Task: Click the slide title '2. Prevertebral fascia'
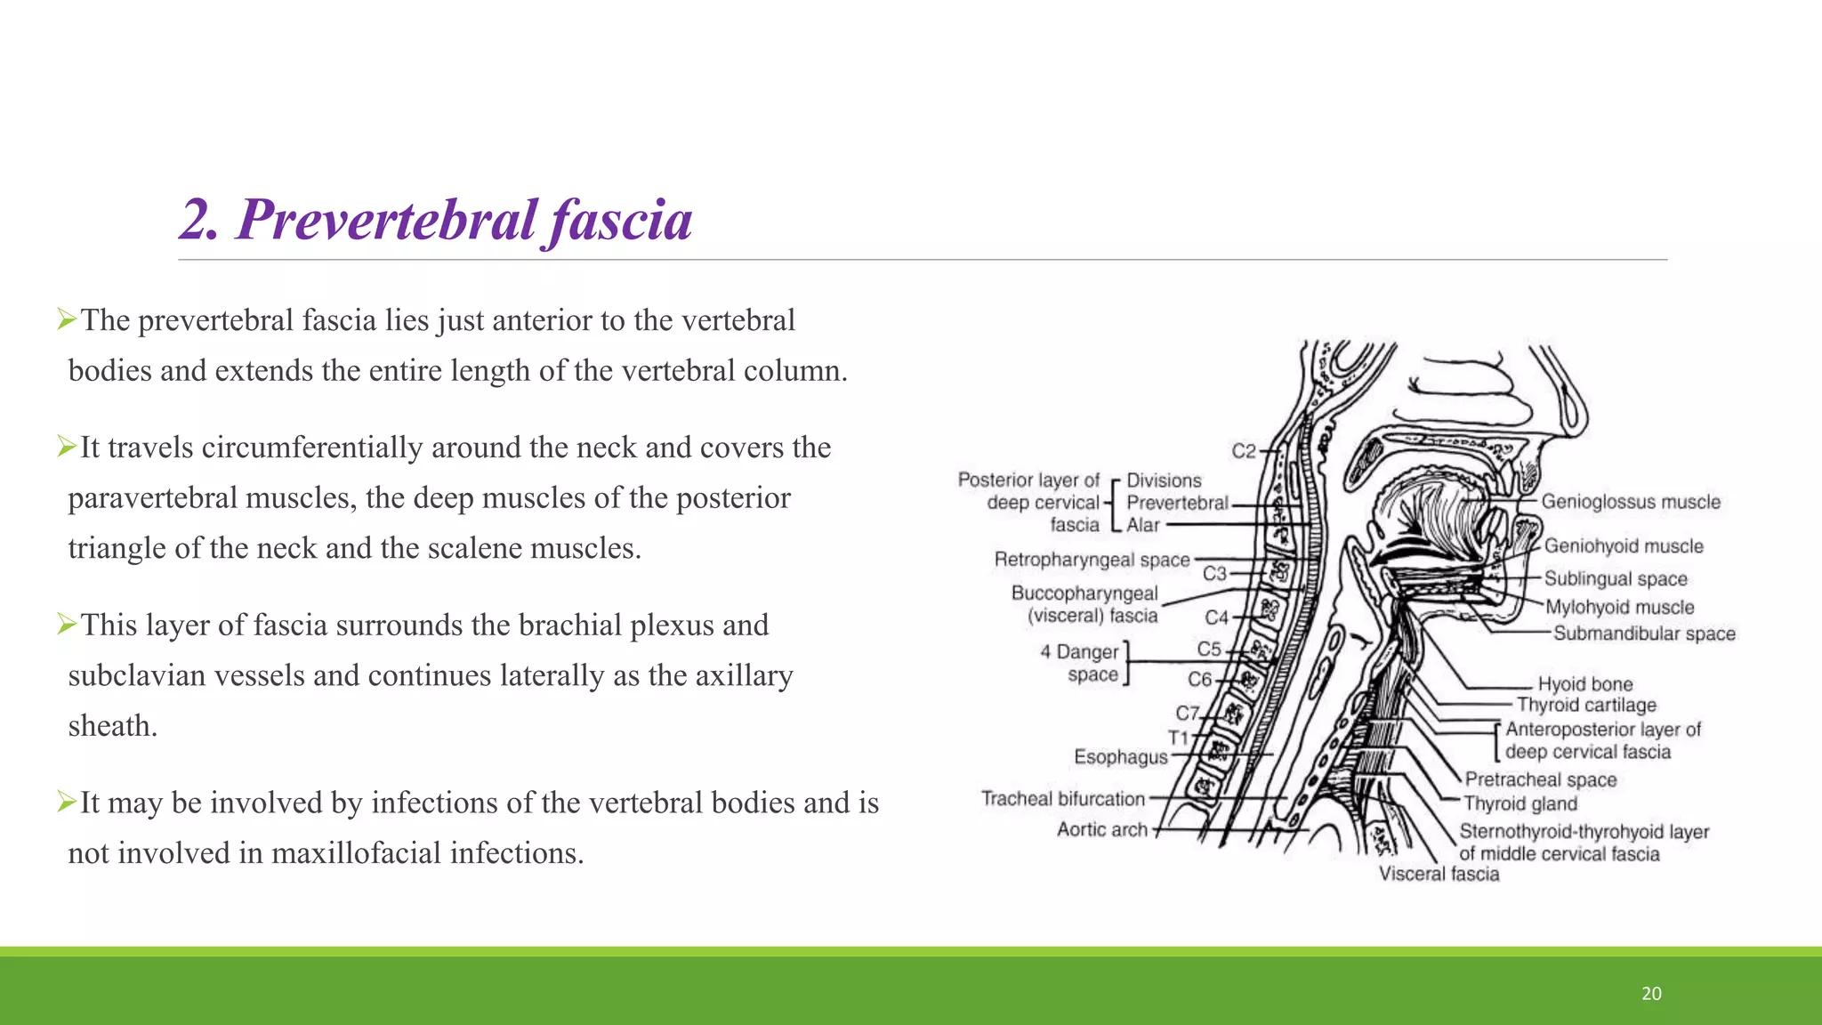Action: (436, 220)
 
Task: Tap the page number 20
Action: (1651, 994)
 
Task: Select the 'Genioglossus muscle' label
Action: (1631, 502)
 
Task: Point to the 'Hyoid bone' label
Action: (1585, 684)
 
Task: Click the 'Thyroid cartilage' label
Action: (1586, 706)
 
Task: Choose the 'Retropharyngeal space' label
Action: (1092, 560)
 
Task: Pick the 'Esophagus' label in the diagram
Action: (1120, 757)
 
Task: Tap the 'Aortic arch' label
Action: (1102, 830)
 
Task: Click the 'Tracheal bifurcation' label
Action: (1062, 799)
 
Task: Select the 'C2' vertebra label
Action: (1243, 452)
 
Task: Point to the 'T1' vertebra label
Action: (1178, 738)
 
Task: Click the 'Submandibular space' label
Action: (1644, 634)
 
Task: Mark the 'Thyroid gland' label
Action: (1520, 804)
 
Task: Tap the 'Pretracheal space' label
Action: (1540, 780)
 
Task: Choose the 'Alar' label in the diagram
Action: (1143, 526)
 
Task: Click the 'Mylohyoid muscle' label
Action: (1619, 608)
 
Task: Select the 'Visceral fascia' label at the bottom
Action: (1439, 875)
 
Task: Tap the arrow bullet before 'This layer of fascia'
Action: (67, 625)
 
